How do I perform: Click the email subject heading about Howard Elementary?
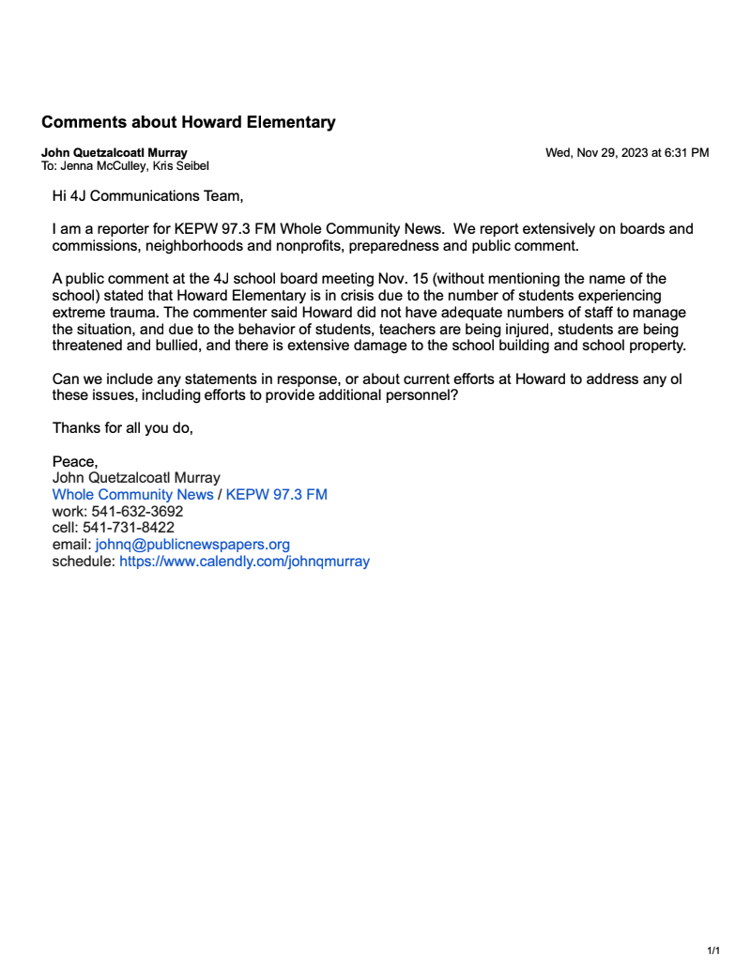click(188, 122)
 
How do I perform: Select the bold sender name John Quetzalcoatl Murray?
click(114, 152)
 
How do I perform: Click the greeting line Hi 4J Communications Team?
click(146, 195)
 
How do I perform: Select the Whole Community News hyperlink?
click(132, 494)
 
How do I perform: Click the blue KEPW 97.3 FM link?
click(276, 494)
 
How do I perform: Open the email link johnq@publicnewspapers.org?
click(192, 545)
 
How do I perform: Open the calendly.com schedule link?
click(244, 562)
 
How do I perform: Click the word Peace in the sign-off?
click(73, 461)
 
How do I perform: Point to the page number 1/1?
click(713, 950)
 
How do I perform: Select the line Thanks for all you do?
click(122, 428)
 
